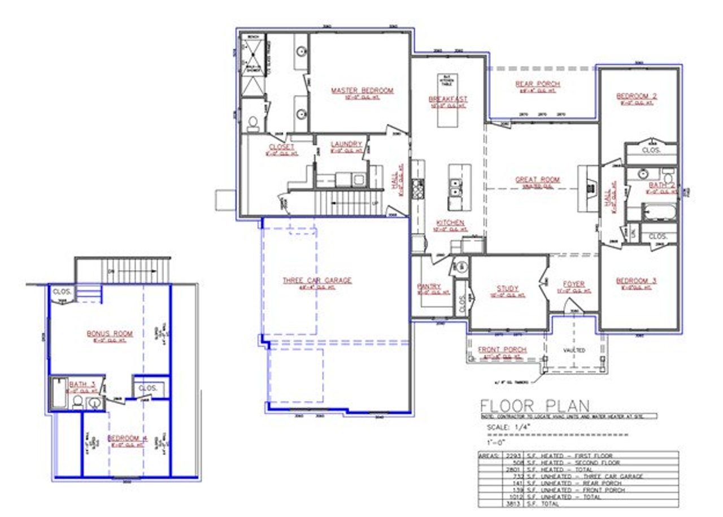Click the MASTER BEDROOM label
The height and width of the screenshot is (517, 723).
(x=362, y=90)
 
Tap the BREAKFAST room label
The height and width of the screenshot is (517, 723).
(x=448, y=99)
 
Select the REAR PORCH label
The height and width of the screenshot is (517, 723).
(x=538, y=84)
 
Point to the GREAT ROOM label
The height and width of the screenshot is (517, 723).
(x=537, y=180)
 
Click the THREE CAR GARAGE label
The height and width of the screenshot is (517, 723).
(x=317, y=280)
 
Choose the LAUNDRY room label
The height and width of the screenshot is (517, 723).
(x=346, y=145)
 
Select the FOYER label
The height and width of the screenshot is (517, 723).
(x=574, y=284)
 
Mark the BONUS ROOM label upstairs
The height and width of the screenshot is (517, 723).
(x=110, y=333)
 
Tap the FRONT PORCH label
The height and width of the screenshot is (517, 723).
(x=502, y=350)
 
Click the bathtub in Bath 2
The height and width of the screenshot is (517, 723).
(x=659, y=214)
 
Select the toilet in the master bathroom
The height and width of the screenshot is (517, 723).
(x=253, y=123)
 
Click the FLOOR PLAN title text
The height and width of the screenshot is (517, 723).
(x=534, y=405)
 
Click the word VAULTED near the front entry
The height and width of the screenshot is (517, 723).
(x=574, y=350)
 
